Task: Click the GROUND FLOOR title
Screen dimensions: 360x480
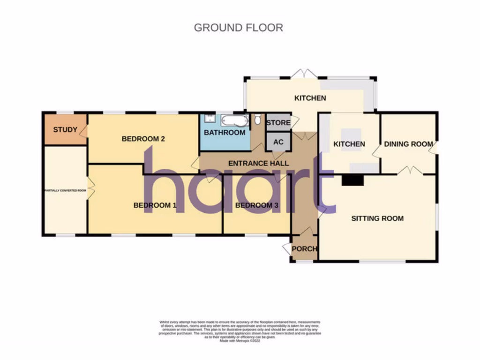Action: coord(238,28)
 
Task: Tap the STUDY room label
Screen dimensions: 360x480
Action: coord(65,129)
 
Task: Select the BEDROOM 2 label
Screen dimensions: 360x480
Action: coord(143,139)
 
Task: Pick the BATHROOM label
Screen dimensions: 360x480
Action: coord(225,133)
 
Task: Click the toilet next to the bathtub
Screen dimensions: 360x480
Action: coord(258,120)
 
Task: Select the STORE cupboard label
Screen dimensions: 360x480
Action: coord(278,123)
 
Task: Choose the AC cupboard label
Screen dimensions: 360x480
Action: coord(278,142)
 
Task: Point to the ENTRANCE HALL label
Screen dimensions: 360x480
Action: coord(258,163)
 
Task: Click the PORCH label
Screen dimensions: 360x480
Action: coord(304,248)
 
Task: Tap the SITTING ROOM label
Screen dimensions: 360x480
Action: coord(377,218)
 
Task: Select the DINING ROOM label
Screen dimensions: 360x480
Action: coord(408,144)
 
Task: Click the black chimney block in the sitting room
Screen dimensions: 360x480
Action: coord(352,180)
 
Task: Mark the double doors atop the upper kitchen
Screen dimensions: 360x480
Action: coord(304,74)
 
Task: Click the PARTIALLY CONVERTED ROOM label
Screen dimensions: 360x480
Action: coord(65,191)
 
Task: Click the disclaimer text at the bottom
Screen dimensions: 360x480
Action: coord(240,331)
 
